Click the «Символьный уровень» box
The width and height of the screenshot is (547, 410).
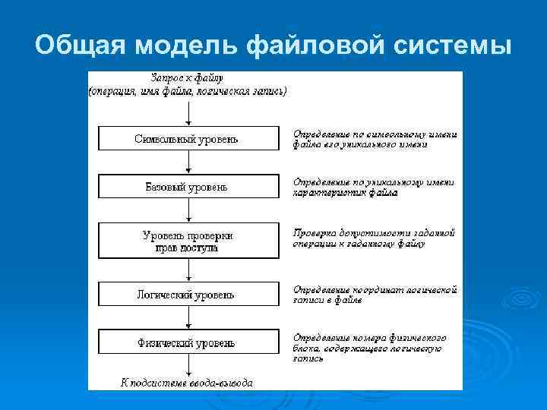tap(188, 138)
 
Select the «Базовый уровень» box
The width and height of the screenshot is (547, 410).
tap(188, 186)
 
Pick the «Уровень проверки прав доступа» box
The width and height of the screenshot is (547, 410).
tap(188, 241)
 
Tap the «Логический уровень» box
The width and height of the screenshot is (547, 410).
tap(188, 295)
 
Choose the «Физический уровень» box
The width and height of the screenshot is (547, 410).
tap(188, 342)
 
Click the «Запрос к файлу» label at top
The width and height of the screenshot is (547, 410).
tap(187, 78)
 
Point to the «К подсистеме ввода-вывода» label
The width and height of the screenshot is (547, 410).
tap(187, 382)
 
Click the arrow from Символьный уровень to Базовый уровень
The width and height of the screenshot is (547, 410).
tap(188, 162)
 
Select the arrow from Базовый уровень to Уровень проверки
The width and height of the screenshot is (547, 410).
tap(188, 210)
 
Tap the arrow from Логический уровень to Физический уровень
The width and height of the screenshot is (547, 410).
tap(188, 318)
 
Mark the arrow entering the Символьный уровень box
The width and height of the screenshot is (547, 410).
tap(188, 112)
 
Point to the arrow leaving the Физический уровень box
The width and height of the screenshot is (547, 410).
tap(188, 365)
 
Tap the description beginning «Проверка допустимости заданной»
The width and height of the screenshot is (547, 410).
tap(374, 238)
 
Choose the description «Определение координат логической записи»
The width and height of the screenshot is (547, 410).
tap(375, 295)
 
